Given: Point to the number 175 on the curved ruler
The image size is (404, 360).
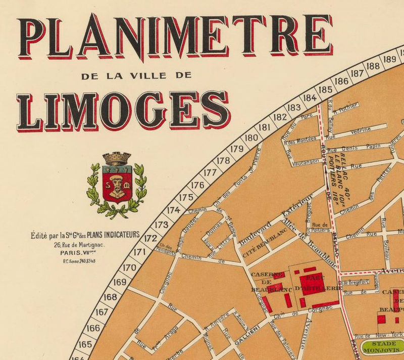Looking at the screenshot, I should [186, 197].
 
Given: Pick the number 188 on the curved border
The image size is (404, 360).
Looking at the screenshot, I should [373, 66].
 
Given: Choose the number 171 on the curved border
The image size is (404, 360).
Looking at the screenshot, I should [140, 252].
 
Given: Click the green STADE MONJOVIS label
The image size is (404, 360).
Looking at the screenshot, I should [386, 348].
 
